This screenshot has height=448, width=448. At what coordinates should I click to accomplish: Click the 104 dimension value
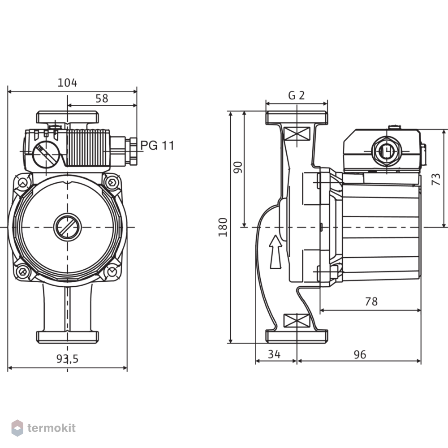click(68, 82)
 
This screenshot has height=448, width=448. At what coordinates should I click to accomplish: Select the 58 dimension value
click(102, 99)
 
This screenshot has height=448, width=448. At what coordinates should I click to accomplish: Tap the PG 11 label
click(157, 146)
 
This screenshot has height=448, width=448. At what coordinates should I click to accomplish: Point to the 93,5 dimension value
click(68, 358)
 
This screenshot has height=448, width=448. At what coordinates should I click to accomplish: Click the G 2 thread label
click(297, 95)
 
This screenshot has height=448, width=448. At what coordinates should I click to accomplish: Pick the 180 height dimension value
click(223, 227)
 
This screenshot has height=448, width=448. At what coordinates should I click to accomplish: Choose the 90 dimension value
click(238, 168)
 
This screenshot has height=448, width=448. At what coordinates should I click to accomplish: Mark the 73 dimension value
click(436, 179)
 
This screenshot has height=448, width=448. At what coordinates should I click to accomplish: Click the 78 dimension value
click(371, 302)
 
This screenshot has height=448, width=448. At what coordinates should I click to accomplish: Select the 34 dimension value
click(274, 354)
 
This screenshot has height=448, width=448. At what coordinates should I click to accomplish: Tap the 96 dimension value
click(360, 354)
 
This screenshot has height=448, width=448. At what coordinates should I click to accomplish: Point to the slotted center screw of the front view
click(68, 227)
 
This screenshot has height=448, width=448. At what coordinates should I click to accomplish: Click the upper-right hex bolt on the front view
click(111, 182)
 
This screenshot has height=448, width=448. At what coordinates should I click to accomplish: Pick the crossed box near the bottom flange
click(297, 320)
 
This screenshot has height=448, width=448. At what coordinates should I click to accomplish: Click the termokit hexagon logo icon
click(17, 428)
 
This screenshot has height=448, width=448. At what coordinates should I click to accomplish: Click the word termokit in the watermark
click(52, 428)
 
